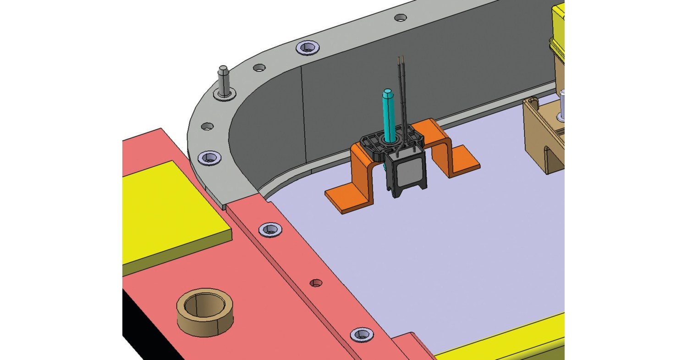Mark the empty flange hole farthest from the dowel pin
pos(400,18)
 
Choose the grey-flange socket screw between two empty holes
pos(306,47)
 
